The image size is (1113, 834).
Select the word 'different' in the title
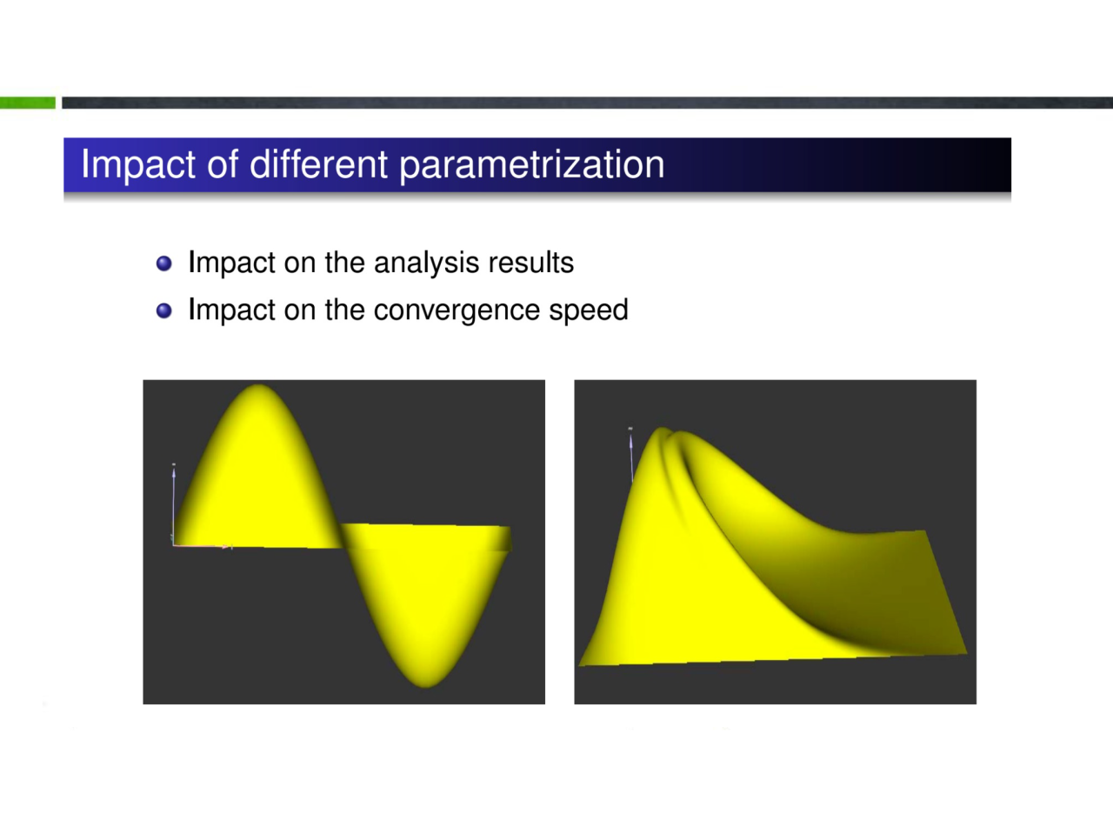pos(318,163)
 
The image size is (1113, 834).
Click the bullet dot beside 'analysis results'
pos(163,264)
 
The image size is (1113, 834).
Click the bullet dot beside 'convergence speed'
pos(163,310)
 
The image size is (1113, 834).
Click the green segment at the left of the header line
pos(27,103)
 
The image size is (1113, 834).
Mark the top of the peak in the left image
pos(258,385)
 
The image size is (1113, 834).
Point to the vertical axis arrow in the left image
pos(173,504)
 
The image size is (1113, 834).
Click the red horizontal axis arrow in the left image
pos(203,546)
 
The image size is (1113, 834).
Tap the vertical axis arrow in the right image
pos(631,455)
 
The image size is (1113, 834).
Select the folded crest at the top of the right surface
pos(670,435)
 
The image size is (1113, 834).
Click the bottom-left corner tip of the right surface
pos(580,665)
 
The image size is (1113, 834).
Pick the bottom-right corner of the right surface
pos(967,653)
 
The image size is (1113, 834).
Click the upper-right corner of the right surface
pos(925,530)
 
